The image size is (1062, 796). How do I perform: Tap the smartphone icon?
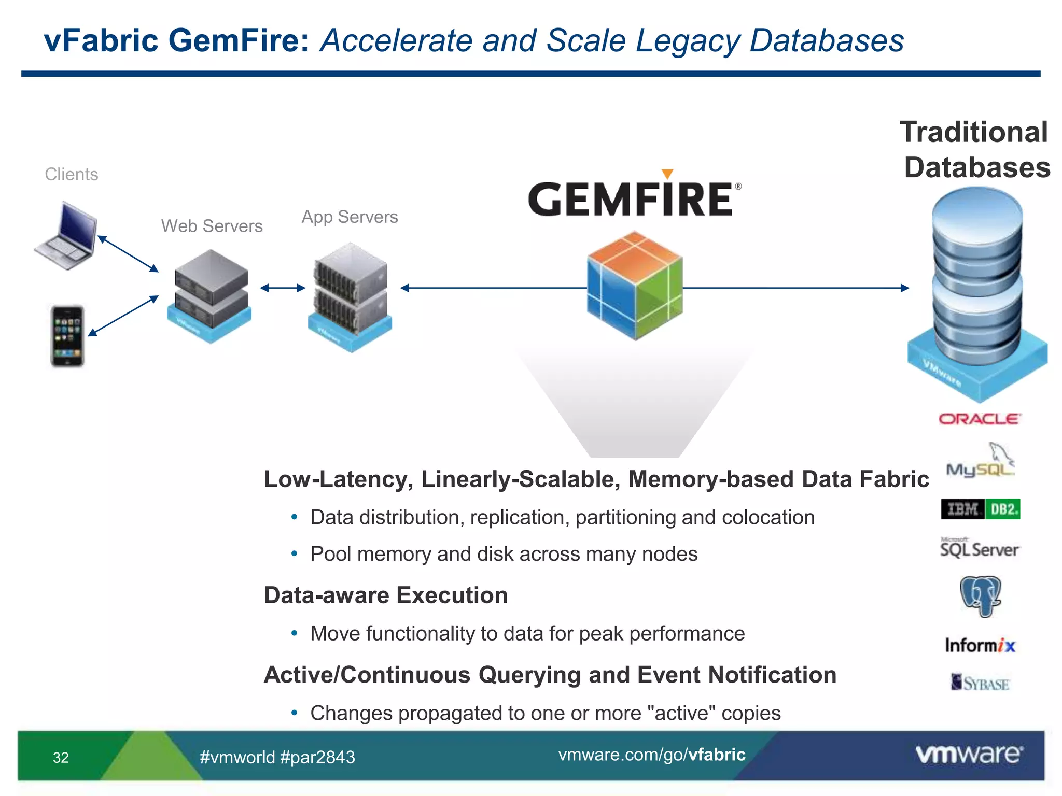click(x=67, y=336)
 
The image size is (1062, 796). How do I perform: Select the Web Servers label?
click(x=212, y=226)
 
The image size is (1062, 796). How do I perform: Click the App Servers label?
click(x=350, y=217)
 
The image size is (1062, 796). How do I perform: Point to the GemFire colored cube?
click(x=635, y=286)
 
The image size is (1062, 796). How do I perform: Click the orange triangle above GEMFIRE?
click(x=667, y=174)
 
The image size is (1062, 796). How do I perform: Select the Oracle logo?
click(x=980, y=419)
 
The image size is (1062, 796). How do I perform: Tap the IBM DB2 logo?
click(x=980, y=509)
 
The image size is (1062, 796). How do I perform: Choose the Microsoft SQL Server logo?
click(x=980, y=548)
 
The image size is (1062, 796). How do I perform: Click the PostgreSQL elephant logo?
click(x=980, y=596)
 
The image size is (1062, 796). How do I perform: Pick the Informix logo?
click(x=980, y=645)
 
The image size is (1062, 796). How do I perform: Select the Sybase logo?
click(x=980, y=683)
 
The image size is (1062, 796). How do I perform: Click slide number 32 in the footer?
click(x=61, y=758)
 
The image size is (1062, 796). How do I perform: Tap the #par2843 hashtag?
click(x=317, y=757)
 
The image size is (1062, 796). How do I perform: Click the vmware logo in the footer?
click(x=969, y=754)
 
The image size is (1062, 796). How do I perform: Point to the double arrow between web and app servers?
click(x=283, y=288)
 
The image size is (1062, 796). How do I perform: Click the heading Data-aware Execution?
click(x=385, y=595)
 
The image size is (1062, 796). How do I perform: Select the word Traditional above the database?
click(x=973, y=132)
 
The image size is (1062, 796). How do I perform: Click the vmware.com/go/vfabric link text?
click(x=651, y=755)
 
